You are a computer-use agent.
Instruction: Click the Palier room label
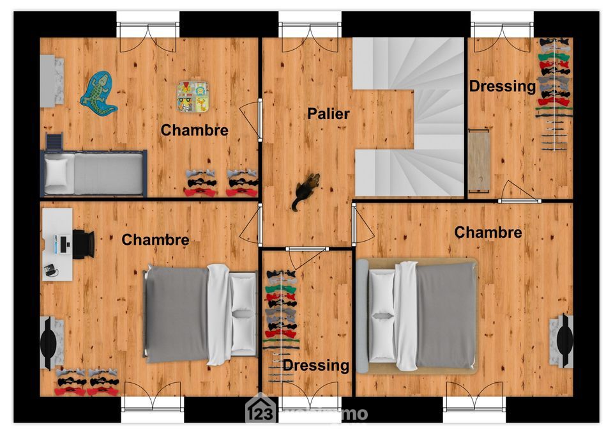[x=328, y=114]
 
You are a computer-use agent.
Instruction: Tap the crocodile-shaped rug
[x=98, y=93]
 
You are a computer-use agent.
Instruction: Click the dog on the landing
[x=306, y=190]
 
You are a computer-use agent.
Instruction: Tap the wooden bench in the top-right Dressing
[x=478, y=160]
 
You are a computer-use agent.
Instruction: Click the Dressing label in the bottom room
[x=315, y=366]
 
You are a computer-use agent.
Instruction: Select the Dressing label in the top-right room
[x=502, y=86]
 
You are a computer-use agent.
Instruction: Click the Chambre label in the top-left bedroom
[x=194, y=130]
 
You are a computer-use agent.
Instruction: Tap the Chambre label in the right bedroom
[x=488, y=233]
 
